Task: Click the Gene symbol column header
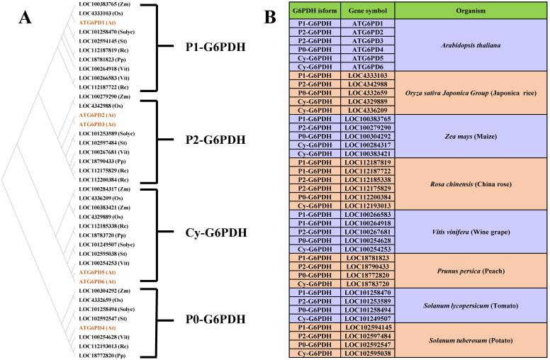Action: tap(366, 11)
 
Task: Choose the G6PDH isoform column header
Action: tap(315, 11)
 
